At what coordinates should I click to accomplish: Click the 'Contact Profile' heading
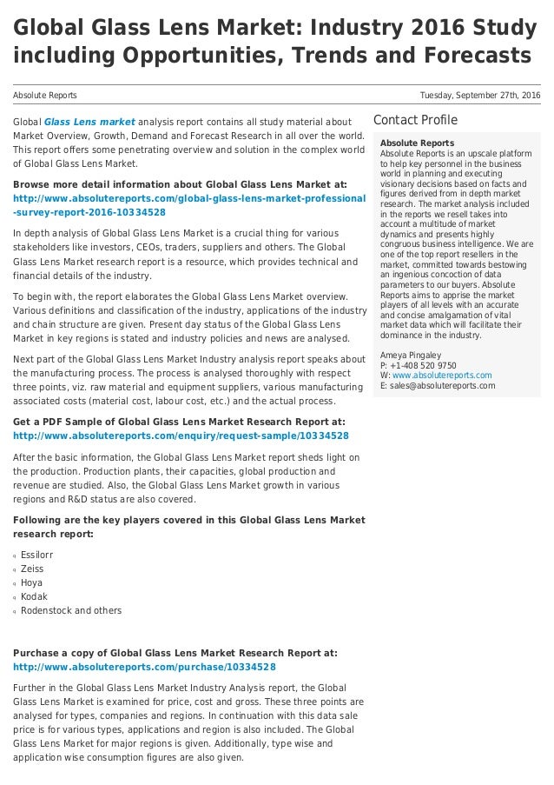(415, 119)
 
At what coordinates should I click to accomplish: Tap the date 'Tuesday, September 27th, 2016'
(479, 94)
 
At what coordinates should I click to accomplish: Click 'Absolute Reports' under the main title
(44, 94)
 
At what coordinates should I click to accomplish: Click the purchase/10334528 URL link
(144, 667)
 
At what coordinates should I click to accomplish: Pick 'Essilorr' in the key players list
(38, 555)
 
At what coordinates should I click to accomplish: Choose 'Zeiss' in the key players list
(32, 569)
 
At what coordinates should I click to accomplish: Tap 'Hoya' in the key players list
(31, 582)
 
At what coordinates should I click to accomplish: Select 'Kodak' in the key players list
(34, 596)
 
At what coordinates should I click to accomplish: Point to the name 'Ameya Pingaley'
(411, 356)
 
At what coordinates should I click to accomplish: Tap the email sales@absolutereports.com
(443, 386)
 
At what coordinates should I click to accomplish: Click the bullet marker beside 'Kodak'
(15, 597)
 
